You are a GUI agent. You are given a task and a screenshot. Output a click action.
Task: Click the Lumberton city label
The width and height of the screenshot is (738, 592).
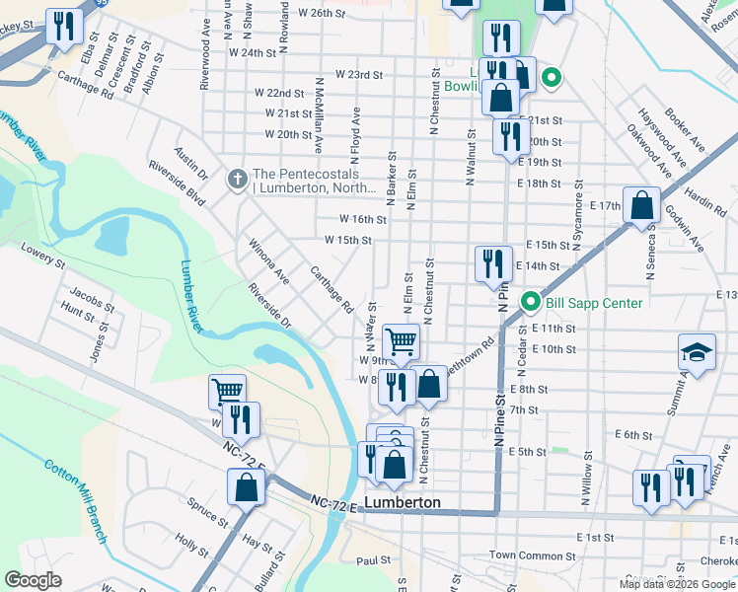coord(402,502)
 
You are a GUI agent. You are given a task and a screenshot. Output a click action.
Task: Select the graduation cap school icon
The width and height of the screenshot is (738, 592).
coord(696,353)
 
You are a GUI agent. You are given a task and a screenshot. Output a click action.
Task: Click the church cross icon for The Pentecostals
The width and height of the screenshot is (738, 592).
coord(237,179)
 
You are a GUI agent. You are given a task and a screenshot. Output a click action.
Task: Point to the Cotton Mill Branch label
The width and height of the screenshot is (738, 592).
coord(74,500)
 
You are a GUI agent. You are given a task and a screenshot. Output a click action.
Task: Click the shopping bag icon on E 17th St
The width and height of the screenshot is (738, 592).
coord(641,206)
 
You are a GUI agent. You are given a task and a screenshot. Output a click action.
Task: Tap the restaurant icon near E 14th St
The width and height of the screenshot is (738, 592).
coord(493,263)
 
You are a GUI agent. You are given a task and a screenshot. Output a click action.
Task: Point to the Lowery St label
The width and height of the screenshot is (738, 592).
coord(41,263)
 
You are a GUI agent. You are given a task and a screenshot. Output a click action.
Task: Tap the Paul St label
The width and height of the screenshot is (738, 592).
coord(374,560)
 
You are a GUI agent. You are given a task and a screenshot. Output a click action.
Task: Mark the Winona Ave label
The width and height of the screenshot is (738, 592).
coord(268,260)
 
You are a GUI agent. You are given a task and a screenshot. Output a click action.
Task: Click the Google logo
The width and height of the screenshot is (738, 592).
coord(33,580)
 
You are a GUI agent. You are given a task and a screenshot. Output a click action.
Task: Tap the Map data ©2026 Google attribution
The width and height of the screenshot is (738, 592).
coord(677,584)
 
